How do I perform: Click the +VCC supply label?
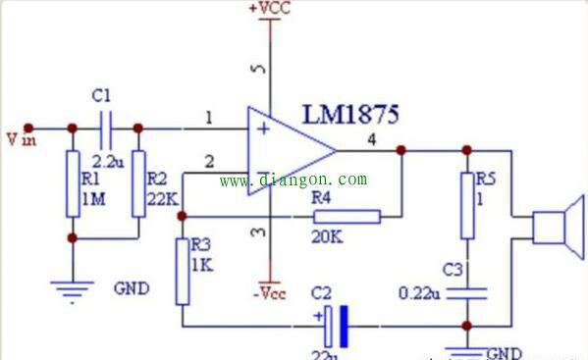[269, 8]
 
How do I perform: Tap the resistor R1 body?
[71, 183]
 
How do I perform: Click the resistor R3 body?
[182, 270]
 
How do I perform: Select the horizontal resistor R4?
[346, 216]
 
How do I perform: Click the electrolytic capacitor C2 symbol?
[335, 325]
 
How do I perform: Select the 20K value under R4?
[327, 236]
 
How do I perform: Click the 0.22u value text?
[423, 292]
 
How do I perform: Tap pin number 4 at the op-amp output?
[370, 139]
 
